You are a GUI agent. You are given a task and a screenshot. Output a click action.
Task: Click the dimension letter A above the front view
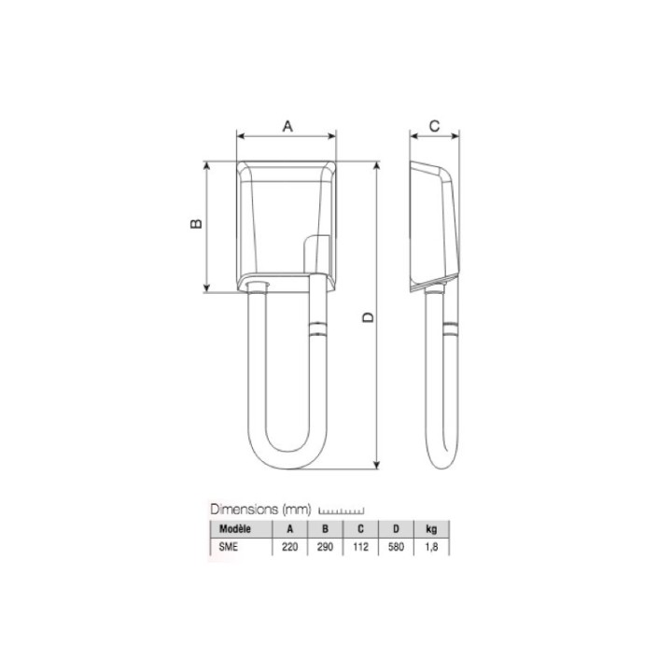click(287, 126)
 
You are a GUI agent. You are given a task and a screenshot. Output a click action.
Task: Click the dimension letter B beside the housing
click(196, 223)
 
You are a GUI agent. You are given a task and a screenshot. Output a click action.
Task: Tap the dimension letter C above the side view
click(434, 126)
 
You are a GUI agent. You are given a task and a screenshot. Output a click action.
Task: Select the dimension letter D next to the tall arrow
click(368, 317)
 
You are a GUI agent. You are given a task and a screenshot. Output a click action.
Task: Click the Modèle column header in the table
click(235, 529)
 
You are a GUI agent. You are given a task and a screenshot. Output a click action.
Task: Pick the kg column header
click(431, 529)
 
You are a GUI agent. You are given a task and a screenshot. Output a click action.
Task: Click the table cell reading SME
click(228, 547)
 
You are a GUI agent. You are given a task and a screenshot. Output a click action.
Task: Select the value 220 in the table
click(289, 547)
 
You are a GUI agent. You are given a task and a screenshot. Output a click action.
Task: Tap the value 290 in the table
click(325, 547)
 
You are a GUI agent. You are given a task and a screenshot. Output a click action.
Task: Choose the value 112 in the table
click(360, 547)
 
